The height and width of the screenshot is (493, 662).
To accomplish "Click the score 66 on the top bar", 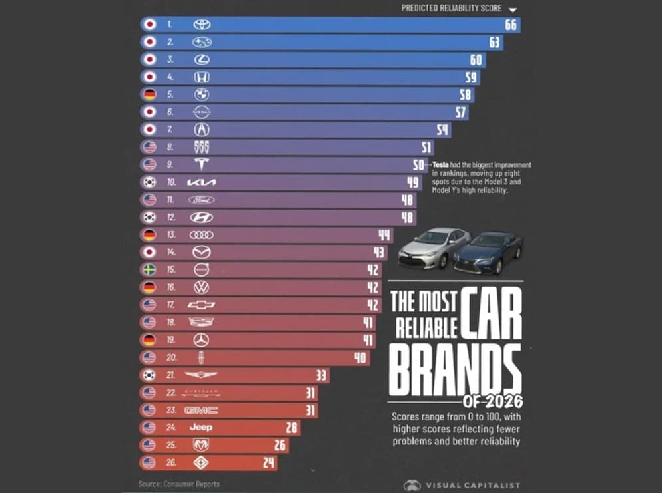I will coord(511,25).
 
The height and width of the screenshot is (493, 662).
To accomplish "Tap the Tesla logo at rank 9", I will coord(201,165).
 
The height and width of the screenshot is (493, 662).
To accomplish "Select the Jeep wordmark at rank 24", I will coord(201,428).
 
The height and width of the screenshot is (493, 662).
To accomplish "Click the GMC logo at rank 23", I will coord(201,411).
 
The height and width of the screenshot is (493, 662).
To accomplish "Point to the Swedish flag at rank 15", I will coord(150,270).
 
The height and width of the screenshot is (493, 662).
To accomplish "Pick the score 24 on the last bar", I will coord(268,462).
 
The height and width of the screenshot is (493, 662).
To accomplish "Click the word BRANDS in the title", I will coord(455,369).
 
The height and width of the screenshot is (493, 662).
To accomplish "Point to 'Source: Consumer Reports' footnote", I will coord(178,484).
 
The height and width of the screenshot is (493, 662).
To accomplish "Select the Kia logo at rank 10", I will coord(201,182).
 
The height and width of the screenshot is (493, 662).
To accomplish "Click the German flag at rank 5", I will coord(150,94).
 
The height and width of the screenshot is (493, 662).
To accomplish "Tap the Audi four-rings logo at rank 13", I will coord(201,235).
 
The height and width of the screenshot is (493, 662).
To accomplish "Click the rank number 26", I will coord(170,462).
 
